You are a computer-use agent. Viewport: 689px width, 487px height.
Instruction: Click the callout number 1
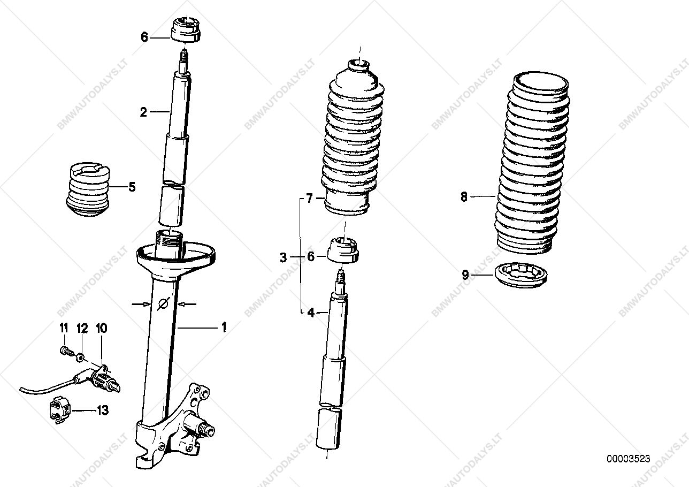click(x=224, y=328)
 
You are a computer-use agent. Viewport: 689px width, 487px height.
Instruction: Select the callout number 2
click(x=143, y=112)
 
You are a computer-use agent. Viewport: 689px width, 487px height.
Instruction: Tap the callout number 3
click(x=283, y=257)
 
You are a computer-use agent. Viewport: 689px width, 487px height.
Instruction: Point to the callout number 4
click(x=311, y=313)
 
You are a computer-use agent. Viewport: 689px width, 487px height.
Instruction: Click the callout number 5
click(x=132, y=187)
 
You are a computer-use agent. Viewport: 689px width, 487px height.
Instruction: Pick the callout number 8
click(x=464, y=196)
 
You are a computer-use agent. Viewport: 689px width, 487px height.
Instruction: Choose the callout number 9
click(x=465, y=275)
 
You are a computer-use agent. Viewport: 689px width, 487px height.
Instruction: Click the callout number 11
click(x=64, y=328)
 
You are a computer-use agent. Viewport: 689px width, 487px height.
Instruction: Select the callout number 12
click(x=82, y=328)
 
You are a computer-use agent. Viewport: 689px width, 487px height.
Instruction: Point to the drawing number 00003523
click(x=629, y=459)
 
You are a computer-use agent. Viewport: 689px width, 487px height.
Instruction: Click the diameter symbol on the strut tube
click(x=163, y=304)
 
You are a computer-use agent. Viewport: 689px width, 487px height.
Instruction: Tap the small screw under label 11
click(x=65, y=351)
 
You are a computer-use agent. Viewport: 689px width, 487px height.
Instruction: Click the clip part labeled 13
click(x=60, y=410)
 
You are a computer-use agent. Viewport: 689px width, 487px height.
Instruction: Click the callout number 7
click(x=309, y=199)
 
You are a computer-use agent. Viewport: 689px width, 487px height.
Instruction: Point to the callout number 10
click(x=102, y=328)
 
